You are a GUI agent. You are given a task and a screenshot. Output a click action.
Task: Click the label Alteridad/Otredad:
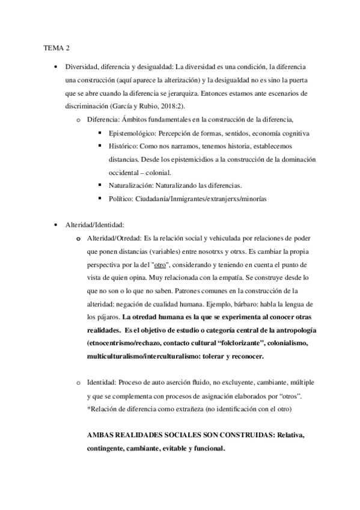115,238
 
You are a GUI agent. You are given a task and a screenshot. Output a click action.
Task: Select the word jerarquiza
176,93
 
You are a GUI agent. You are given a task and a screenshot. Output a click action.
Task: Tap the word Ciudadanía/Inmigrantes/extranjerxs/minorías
207,198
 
